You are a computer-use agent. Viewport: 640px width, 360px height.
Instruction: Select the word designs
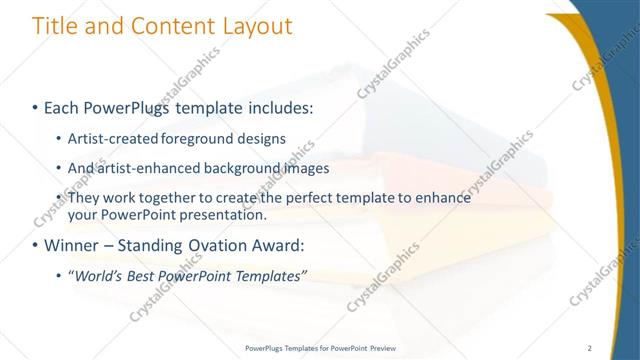pyautogui.click(x=261, y=138)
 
